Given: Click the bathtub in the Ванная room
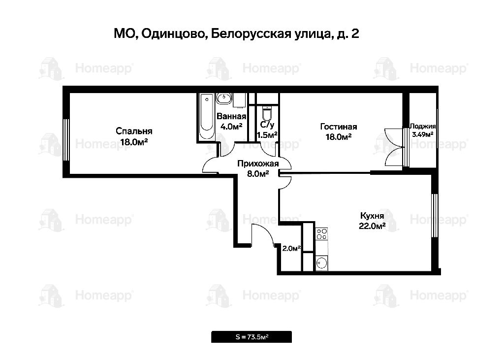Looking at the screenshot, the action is tap(207, 116).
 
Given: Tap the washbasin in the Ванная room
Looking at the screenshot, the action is tap(224, 98).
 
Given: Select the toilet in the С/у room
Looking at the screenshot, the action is tap(267, 113).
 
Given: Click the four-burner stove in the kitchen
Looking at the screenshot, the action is tap(321, 234).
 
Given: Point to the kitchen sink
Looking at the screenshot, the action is tap(321, 263).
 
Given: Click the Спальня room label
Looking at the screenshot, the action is tap(134, 131).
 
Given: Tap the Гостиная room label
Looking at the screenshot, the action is tap(339, 127).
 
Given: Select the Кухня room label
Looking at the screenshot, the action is tap(372, 215).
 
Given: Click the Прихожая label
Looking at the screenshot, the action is tap(258, 164).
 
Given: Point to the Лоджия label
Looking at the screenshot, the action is tap(422, 127).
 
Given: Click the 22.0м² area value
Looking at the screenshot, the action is tap(372, 226).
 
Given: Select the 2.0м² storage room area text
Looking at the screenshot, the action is tap(291, 248).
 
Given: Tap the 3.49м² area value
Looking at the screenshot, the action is tap(423, 134).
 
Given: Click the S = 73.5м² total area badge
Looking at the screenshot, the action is tap(252, 337).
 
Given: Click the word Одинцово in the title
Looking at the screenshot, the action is tap(174, 34).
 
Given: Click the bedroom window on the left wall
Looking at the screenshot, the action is tap(66, 140).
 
